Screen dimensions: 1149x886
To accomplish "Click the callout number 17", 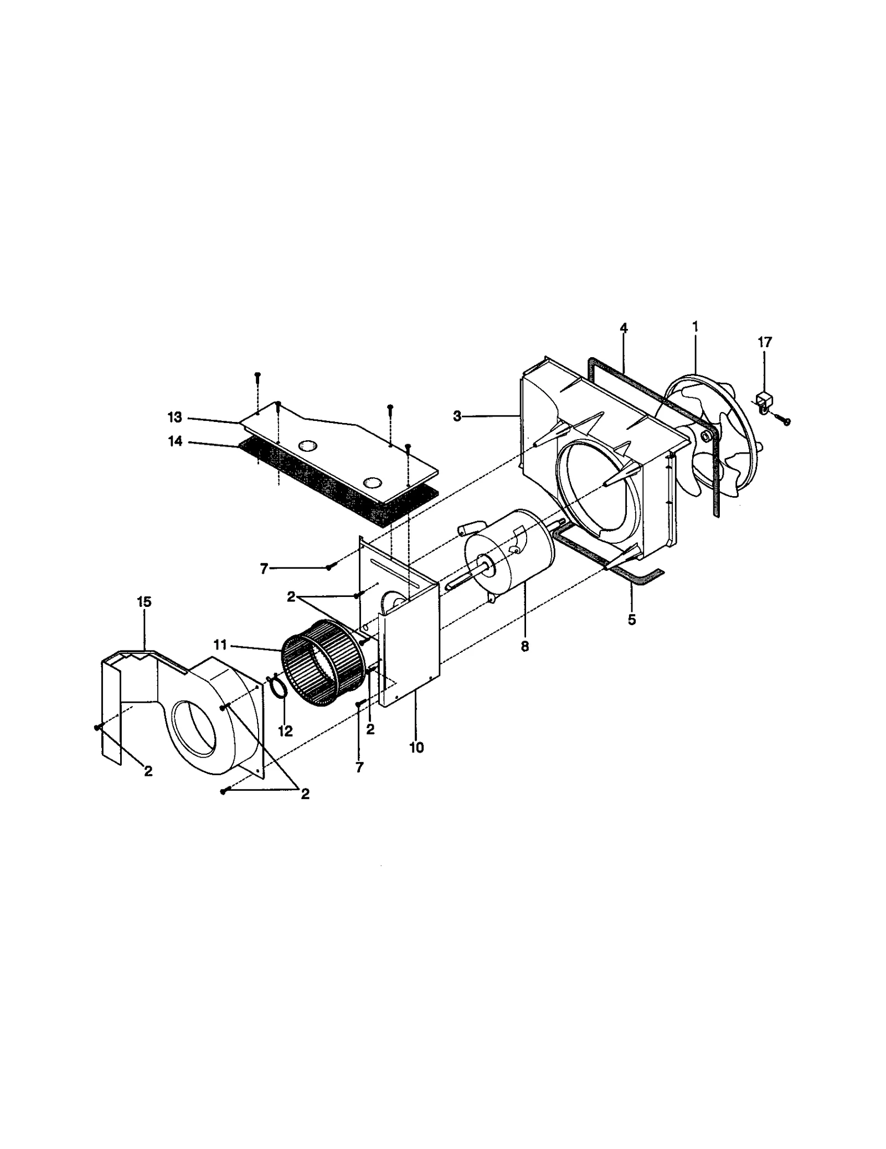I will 764,343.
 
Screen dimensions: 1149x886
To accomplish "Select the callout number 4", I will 624,328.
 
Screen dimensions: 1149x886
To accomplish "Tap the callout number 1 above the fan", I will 694,327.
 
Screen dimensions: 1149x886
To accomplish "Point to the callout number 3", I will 457,417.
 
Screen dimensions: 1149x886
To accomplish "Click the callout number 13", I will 175,416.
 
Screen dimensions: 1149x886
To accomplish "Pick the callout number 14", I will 175,442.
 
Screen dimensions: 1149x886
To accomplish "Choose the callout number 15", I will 144,601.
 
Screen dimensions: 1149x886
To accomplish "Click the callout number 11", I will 220,645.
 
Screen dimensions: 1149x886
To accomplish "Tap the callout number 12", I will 285,731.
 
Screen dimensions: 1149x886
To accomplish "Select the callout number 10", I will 416,748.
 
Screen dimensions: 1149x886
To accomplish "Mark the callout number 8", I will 524,646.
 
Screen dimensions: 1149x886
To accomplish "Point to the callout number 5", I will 632,620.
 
